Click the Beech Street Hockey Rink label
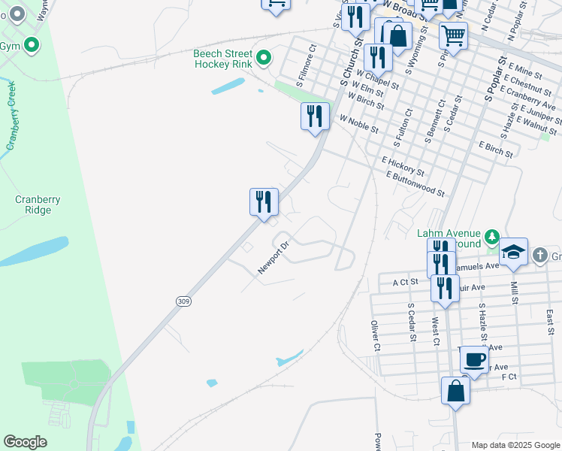click(x=222, y=59)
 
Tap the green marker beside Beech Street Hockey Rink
click(x=264, y=57)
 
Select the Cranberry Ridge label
click(x=38, y=204)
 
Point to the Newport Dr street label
click(x=274, y=257)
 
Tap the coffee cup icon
click(x=473, y=359)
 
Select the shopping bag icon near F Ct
click(x=455, y=391)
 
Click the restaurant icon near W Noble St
click(x=315, y=116)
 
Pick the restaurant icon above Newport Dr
click(x=264, y=201)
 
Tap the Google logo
click(x=25, y=441)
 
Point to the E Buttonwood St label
click(x=415, y=183)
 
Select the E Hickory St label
click(x=403, y=166)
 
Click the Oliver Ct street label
click(x=376, y=335)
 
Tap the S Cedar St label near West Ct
click(x=411, y=322)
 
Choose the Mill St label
click(x=514, y=293)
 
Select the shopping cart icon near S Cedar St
click(x=453, y=34)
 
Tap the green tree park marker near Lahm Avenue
click(x=492, y=238)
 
